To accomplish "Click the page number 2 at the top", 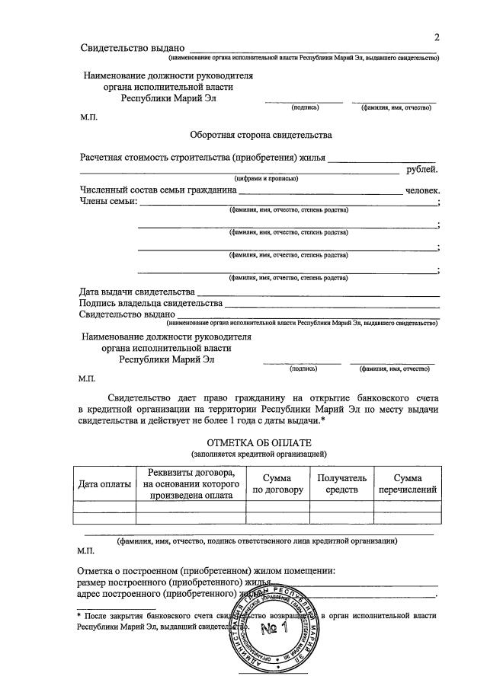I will pos(437,37).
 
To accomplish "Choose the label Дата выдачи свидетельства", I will pos(137,292).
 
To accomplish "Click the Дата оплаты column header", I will pos(104,484).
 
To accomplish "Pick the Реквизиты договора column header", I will pos(191,484).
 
